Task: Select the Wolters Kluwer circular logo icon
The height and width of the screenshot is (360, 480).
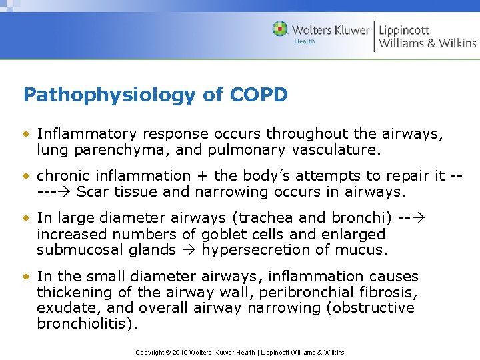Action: pyautogui.click(x=280, y=29)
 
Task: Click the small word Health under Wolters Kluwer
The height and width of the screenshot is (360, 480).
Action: pyautogui.click(x=305, y=41)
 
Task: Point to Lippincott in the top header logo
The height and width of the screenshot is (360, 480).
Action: pyautogui.click(x=404, y=29)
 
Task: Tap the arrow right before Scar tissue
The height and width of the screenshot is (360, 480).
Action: pyautogui.click(x=64, y=193)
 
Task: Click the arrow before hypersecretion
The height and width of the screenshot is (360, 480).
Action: pyautogui.click(x=191, y=250)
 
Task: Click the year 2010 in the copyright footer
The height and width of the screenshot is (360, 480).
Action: pyautogui.click(x=179, y=352)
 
